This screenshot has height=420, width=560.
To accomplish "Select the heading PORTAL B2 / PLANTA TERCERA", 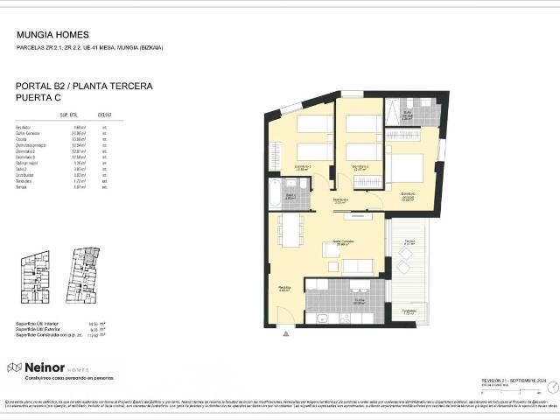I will point(84,87).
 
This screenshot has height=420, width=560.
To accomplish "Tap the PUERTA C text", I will point(42,100).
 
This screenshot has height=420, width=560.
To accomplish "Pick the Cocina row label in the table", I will point(22,138).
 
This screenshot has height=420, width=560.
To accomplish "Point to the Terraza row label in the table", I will point(23,186).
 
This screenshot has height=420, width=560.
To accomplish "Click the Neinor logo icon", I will point(13,367).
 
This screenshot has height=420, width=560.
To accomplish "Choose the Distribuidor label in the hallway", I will point(339,200).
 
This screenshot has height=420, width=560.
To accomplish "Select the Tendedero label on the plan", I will point(409,311).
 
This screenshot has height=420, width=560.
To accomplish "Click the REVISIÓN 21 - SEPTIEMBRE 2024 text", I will point(514,381).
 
